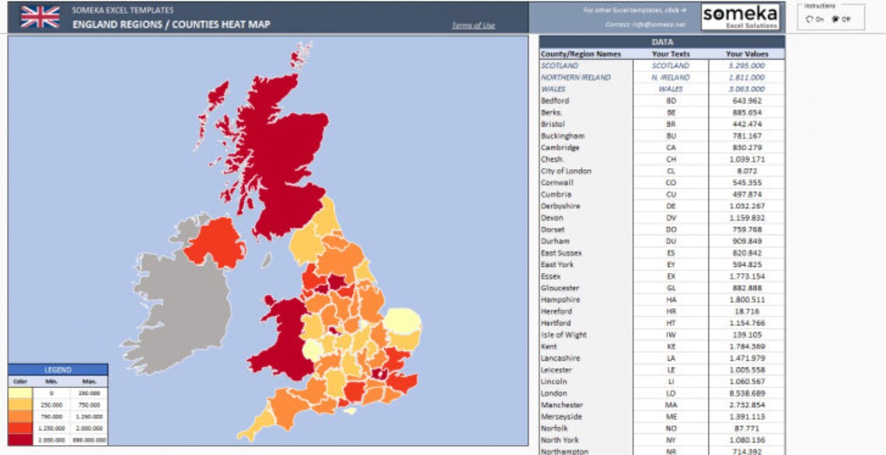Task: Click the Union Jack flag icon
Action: [x=40, y=16]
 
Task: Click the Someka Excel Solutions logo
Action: [x=739, y=16]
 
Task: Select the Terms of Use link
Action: [x=473, y=26]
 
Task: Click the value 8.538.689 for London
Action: [x=746, y=394]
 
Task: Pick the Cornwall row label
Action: [x=556, y=183]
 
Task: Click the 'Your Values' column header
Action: [x=746, y=54]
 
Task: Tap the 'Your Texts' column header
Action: [x=671, y=54]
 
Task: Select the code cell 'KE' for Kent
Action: [x=671, y=346]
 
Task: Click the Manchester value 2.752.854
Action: [x=746, y=405]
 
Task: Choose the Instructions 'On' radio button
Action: [x=810, y=19]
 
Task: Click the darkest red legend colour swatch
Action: [x=20, y=439]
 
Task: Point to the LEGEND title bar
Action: [x=58, y=370]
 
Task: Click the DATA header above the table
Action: [x=662, y=42]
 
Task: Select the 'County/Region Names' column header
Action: [x=581, y=54]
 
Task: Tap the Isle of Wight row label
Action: [x=563, y=334]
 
